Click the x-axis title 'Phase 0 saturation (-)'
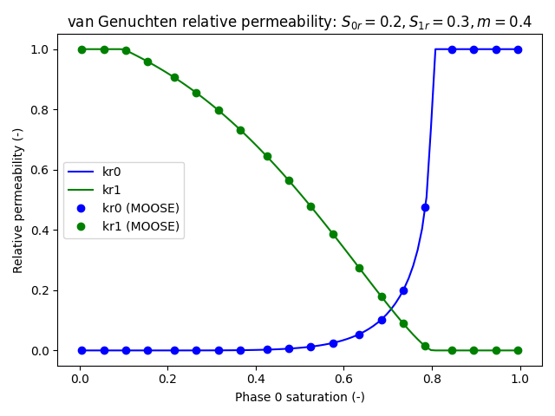click(x=299, y=397)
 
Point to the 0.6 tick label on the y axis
click(x=38, y=170)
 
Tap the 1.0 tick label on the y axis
click(x=38, y=49)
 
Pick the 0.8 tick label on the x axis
click(x=432, y=378)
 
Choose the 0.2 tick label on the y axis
click(x=38, y=290)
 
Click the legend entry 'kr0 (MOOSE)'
click(x=140, y=208)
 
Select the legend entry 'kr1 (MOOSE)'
click(x=140, y=226)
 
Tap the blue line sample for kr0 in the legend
click(x=82, y=172)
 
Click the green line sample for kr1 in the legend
click(x=82, y=190)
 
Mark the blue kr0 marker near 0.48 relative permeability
click(x=425, y=207)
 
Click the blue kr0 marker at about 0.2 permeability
click(x=403, y=290)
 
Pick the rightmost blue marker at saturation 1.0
click(x=518, y=49)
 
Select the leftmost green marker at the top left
click(x=82, y=49)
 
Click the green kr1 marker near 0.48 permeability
click(x=310, y=206)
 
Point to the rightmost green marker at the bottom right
click(x=518, y=350)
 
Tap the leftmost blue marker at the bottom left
click(x=82, y=350)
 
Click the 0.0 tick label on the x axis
click(x=80, y=378)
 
